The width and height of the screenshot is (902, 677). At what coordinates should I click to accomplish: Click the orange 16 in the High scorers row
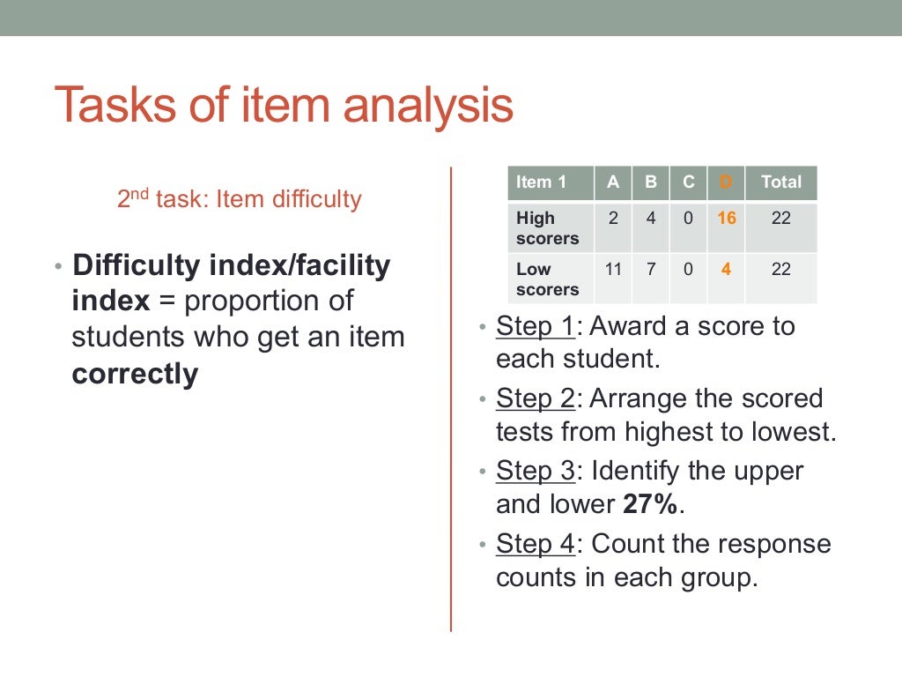[726, 219]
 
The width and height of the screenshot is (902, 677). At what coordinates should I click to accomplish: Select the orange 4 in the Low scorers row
[726, 270]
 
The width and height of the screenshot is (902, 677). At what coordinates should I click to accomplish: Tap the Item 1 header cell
[541, 182]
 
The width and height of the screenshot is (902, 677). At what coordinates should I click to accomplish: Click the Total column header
[781, 182]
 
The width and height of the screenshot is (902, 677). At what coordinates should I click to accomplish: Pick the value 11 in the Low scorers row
[613, 270]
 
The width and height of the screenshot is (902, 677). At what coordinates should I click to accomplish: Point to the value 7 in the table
[651, 270]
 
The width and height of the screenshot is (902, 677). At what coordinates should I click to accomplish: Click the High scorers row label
[547, 228]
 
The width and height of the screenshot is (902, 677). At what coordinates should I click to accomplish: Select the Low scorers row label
[547, 279]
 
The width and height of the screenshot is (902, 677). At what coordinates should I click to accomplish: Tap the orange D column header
[726, 182]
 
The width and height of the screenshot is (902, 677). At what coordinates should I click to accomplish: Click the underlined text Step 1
[535, 326]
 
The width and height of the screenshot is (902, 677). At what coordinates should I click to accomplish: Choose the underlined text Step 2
[535, 398]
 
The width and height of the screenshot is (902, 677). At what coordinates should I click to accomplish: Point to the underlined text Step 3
[535, 471]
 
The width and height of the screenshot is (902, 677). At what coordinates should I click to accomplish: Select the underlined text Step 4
[535, 543]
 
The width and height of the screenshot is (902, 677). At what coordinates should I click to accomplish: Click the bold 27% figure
[651, 504]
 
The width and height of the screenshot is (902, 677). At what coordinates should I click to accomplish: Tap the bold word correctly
[135, 375]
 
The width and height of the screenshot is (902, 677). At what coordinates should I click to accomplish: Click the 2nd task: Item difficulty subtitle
[240, 199]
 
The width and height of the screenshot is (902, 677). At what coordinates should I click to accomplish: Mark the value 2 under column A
[613, 219]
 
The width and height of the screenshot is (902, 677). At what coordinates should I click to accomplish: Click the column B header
[651, 182]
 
